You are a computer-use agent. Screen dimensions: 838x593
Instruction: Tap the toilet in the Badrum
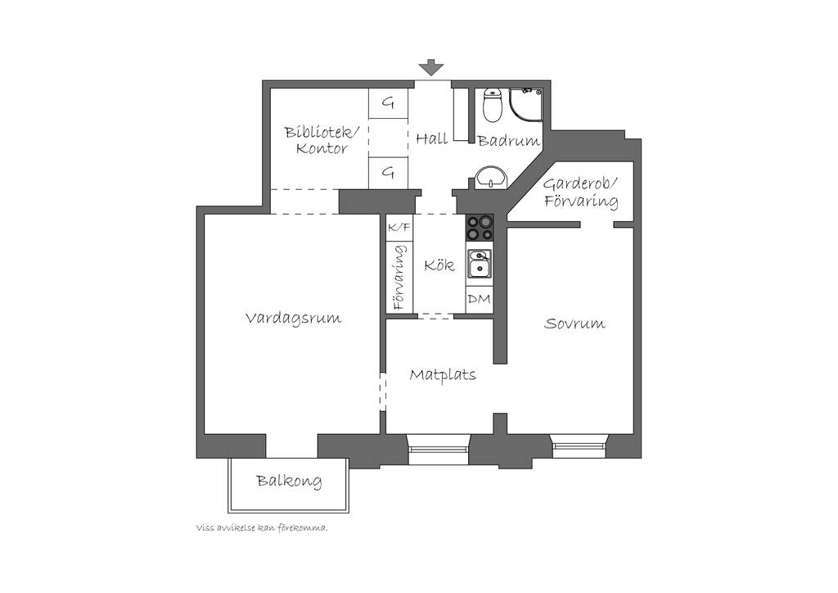click(x=493, y=104)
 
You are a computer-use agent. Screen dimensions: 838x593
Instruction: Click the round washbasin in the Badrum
click(x=491, y=177)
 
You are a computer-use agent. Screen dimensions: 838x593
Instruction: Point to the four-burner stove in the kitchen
click(x=480, y=227)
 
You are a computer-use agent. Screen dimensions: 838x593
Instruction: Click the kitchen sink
click(x=480, y=265)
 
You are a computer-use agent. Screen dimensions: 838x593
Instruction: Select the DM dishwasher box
click(x=479, y=300)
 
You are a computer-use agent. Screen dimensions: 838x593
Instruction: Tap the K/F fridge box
click(x=399, y=227)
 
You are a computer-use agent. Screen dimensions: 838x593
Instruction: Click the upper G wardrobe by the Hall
click(x=389, y=102)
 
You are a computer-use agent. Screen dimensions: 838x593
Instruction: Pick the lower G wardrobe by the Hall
click(x=389, y=173)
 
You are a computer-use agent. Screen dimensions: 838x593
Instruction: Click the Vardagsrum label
click(x=294, y=319)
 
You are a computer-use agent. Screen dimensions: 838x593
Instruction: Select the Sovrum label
click(x=574, y=324)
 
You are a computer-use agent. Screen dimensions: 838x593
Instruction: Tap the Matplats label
click(x=443, y=375)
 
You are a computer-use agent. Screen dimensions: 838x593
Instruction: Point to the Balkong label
click(x=289, y=481)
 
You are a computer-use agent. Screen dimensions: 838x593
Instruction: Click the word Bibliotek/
click(x=322, y=132)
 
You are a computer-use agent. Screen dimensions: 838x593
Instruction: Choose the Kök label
click(x=439, y=265)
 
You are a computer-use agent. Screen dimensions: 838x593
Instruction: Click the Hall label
click(x=432, y=139)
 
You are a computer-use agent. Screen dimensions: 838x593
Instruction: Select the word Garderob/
click(x=580, y=185)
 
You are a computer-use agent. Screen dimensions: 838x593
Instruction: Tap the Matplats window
click(x=439, y=448)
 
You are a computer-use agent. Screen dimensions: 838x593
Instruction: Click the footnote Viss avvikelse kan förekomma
click(x=262, y=528)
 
